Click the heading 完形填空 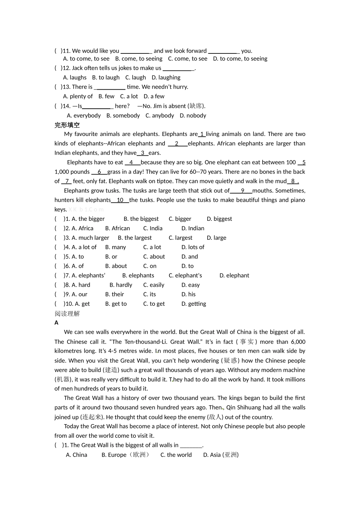pyautogui.click(x=67, y=125)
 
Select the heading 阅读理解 pyautogui.click(x=67, y=314)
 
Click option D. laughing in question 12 pyautogui.click(x=166, y=78)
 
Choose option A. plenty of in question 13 pyautogui.click(x=78, y=97)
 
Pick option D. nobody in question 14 pyautogui.click(x=193, y=116)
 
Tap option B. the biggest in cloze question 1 pyautogui.click(x=141, y=219)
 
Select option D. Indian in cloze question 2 pyautogui.click(x=193, y=228)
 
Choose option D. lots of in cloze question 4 pyautogui.click(x=193, y=247)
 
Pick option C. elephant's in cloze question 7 pyautogui.click(x=185, y=276)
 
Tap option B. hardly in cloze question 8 pyautogui.click(x=121, y=285)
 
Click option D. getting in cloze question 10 pyautogui.click(x=194, y=304)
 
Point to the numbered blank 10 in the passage pyautogui.click(x=120, y=200)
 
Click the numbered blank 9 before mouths pyautogui.click(x=242, y=191)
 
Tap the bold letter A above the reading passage pyautogui.click(x=56, y=323)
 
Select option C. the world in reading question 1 pyautogui.click(x=176, y=455)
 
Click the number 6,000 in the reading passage pyautogui.click(x=298, y=342)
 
